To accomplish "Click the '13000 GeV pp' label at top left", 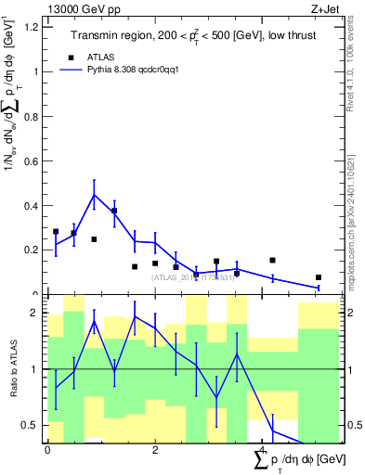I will tap(80, 8).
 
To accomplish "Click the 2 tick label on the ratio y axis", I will tap(37, 314).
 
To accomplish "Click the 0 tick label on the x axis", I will tap(47, 450).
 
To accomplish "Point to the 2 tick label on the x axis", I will tap(155, 450).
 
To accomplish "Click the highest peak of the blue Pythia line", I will tap(94, 194).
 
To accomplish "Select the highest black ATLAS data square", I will tap(114, 212).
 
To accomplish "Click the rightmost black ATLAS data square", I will tap(318, 277).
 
